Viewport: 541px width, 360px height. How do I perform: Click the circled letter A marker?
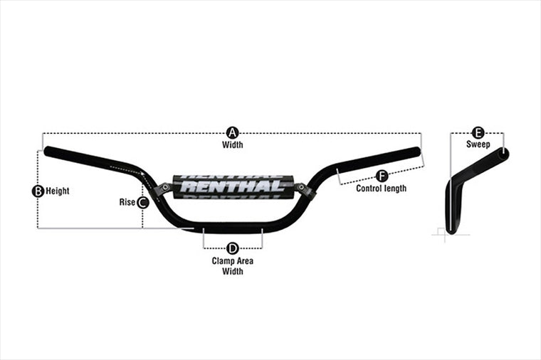(x=233, y=133)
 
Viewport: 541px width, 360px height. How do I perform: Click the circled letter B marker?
(x=38, y=191)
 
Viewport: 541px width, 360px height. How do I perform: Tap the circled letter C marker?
(x=143, y=203)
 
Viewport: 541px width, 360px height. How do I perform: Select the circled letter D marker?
(x=233, y=248)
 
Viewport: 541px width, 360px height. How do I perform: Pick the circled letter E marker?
(x=478, y=133)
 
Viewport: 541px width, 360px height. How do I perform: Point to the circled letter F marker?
(x=382, y=176)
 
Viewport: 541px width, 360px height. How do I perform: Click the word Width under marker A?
(x=233, y=144)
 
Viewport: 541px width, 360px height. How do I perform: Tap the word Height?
(x=58, y=191)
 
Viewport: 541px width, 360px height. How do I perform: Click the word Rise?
(x=127, y=202)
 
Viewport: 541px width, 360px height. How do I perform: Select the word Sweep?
(x=478, y=144)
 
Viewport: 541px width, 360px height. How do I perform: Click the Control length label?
(x=382, y=189)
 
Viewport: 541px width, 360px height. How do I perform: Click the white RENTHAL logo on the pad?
(x=232, y=186)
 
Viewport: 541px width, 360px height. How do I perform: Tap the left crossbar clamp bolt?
(x=165, y=187)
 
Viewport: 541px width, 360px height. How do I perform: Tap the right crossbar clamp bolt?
(x=301, y=187)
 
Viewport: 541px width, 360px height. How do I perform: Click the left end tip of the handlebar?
(x=46, y=151)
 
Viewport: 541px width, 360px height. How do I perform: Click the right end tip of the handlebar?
(x=419, y=152)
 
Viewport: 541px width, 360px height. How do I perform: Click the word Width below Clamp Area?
(x=233, y=271)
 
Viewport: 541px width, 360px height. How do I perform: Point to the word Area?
(x=245, y=261)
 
